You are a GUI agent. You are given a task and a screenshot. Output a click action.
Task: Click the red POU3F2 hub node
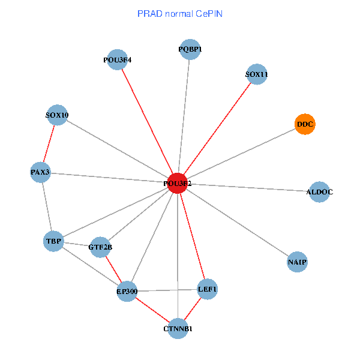coord(177,183)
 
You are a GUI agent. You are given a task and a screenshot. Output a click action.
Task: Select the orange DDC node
coord(305,124)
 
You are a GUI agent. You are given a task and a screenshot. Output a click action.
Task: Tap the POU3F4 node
coord(118,60)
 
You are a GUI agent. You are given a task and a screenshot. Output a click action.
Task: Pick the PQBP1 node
coord(190,49)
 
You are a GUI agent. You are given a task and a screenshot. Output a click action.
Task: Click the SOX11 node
coord(257,75)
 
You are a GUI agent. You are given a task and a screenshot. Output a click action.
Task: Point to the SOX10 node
coord(57,115)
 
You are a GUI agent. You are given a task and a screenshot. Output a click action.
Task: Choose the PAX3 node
coord(40,173)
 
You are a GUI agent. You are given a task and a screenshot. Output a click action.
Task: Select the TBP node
coord(53,241)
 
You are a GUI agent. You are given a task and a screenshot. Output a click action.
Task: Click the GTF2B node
coord(100,247)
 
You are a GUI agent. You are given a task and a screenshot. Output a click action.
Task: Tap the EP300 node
coord(127,292)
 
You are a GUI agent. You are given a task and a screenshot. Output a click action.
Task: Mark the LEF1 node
coord(207,290)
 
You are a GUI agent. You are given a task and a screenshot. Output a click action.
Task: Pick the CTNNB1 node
coord(178,328)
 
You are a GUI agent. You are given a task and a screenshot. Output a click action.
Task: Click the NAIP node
coord(297,262)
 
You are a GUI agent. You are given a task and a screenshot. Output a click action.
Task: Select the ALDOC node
coord(319,192)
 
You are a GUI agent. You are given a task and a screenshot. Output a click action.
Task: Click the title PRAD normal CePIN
coord(180,13)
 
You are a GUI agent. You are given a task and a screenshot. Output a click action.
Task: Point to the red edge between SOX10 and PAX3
coord(49,144)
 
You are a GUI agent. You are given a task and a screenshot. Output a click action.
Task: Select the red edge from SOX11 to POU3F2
coord(217,129)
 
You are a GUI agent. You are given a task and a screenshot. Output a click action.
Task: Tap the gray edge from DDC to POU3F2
coord(241,154)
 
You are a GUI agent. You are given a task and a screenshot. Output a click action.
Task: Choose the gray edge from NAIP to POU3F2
coord(237,223)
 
